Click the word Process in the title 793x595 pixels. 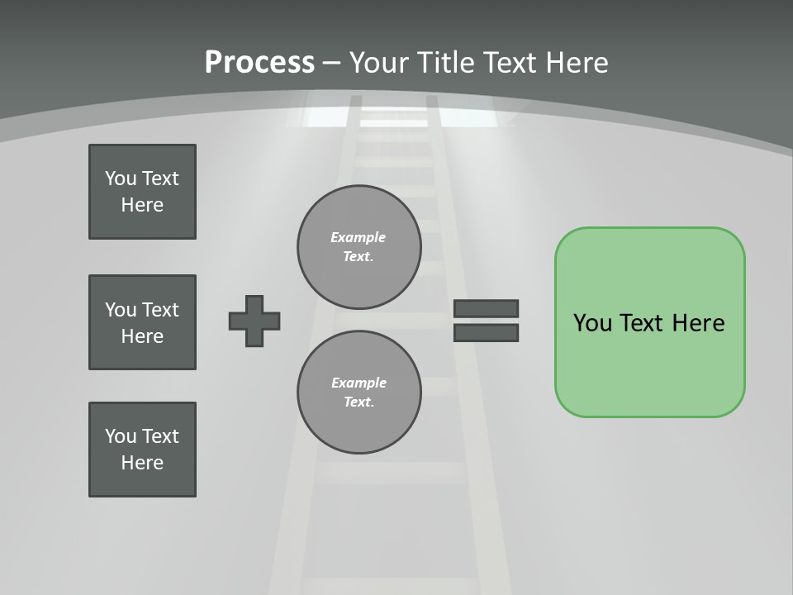click(259, 63)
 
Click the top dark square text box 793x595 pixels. click(142, 192)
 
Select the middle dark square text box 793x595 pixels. click(142, 322)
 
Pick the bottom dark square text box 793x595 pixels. click(142, 450)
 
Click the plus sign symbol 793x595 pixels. click(254, 321)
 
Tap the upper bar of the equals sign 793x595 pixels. click(486, 308)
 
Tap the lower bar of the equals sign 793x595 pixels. click(486, 332)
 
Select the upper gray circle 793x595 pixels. click(359, 246)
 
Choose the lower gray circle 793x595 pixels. click(359, 392)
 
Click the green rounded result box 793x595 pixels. click(649, 322)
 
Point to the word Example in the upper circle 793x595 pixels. click(359, 237)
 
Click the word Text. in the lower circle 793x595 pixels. click(359, 402)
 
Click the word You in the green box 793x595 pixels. click(591, 323)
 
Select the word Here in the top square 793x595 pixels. click(142, 205)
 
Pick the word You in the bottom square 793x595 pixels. click(121, 436)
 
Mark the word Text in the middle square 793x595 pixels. click(160, 310)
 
